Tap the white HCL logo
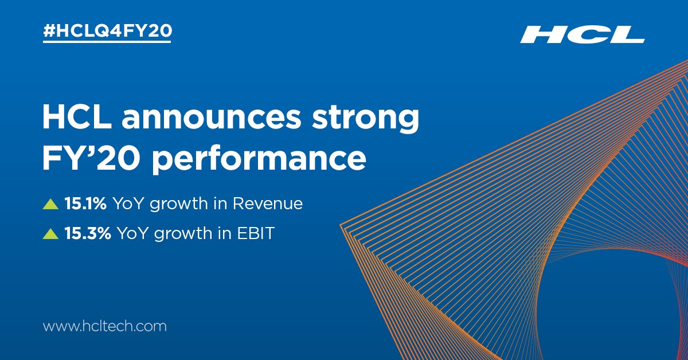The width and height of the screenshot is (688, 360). point(582,36)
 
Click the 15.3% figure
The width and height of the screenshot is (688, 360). point(88,233)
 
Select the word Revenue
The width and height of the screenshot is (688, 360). point(272,204)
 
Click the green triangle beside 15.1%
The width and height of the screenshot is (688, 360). point(51,204)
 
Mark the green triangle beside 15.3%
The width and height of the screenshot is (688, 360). point(51,234)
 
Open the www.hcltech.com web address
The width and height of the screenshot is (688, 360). point(105,327)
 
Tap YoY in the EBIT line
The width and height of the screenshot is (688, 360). point(132,233)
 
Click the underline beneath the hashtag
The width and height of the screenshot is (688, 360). point(107,42)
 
